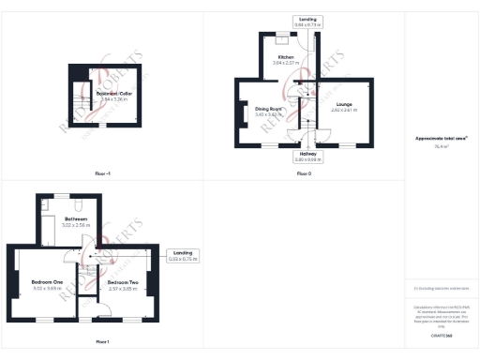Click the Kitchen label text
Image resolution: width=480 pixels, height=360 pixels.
pyautogui.click(x=285, y=57)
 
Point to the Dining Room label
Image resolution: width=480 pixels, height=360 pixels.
pyautogui.click(x=269, y=109)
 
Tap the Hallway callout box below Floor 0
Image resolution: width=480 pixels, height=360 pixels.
pyautogui.click(x=308, y=156)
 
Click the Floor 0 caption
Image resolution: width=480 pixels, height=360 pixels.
pyautogui.click(x=304, y=174)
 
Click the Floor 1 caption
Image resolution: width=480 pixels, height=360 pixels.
pyautogui.click(x=102, y=341)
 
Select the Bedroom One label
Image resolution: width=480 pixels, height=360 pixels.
pyautogui.click(x=46, y=282)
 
